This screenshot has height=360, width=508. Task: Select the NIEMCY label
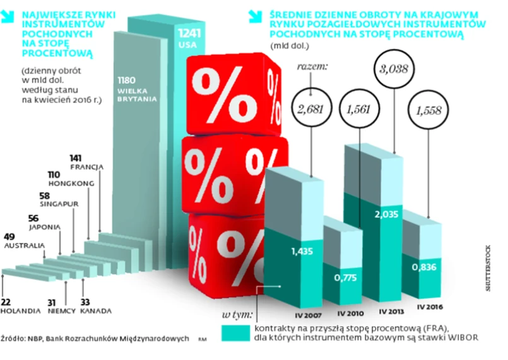click(61, 311)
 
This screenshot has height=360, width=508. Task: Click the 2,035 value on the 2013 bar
click(386, 215)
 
